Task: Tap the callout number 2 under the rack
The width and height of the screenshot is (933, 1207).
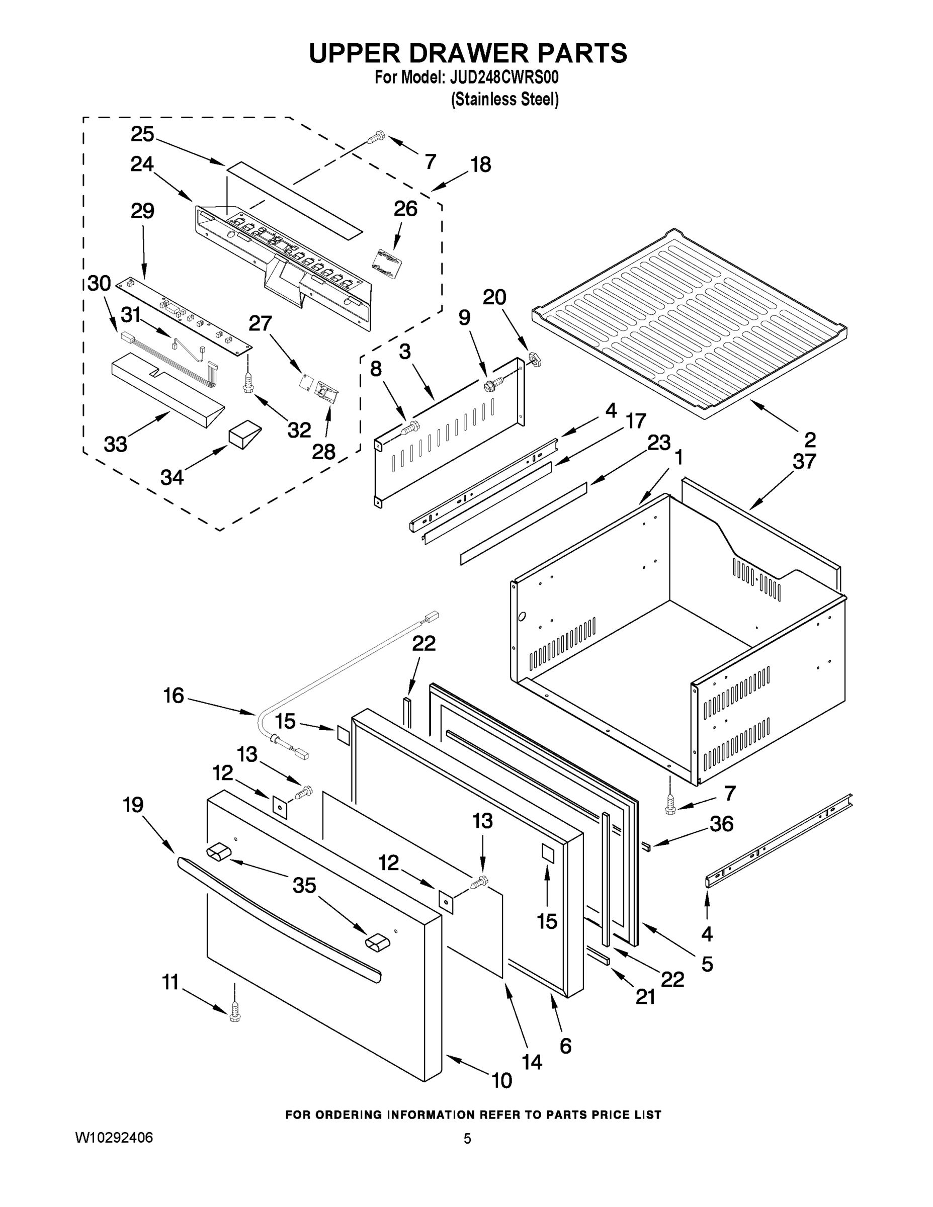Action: (x=810, y=440)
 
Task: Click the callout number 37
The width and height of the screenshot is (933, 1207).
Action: (x=804, y=461)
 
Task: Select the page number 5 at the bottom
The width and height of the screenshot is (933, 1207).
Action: (x=468, y=1139)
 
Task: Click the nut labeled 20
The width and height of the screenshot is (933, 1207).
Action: (x=534, y=359)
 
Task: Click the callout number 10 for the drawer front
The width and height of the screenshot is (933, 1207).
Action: (x=501, y=1080)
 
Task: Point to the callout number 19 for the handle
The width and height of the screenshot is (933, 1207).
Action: (x=133, y=805)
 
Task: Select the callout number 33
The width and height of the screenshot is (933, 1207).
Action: (x=116, y=444)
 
